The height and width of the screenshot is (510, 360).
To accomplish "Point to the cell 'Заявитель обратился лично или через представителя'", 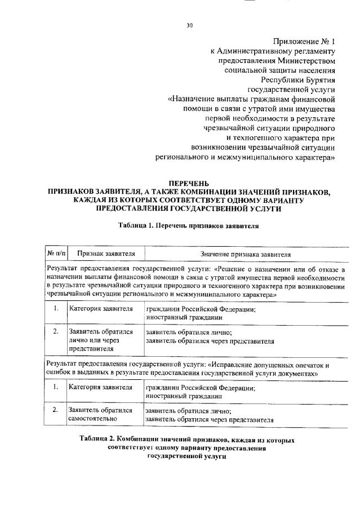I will click(100, 340).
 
